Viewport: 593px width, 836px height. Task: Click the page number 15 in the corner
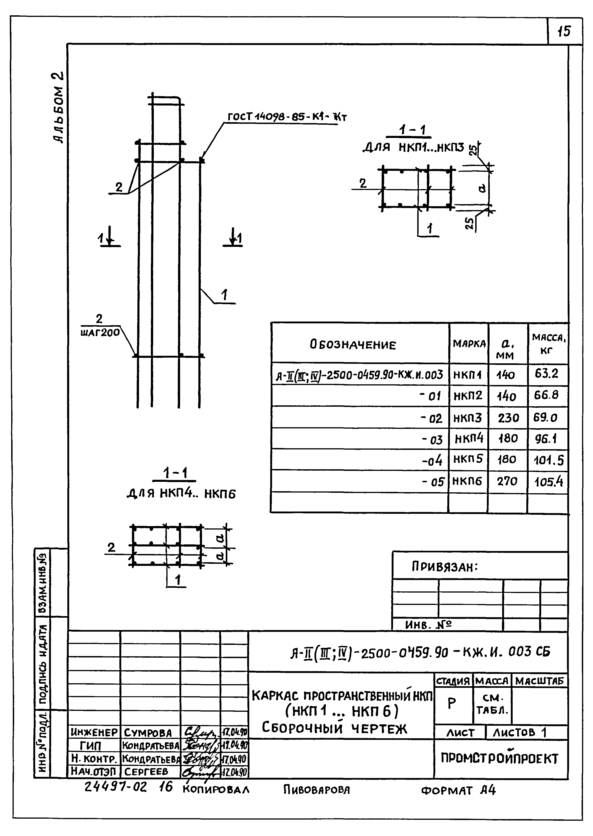564,31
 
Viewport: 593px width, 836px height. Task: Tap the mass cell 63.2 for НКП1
547,374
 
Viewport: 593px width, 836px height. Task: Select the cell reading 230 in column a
508,417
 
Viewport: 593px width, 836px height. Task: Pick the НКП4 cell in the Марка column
469,438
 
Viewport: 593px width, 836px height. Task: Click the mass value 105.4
549,482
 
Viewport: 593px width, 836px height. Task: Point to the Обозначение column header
353,344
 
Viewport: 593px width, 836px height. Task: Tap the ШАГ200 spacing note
100,332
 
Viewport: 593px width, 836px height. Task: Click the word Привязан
444,567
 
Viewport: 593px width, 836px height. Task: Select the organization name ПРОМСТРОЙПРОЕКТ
499,759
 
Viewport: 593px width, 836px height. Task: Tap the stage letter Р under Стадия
452,703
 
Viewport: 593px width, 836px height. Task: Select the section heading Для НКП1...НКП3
413,147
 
